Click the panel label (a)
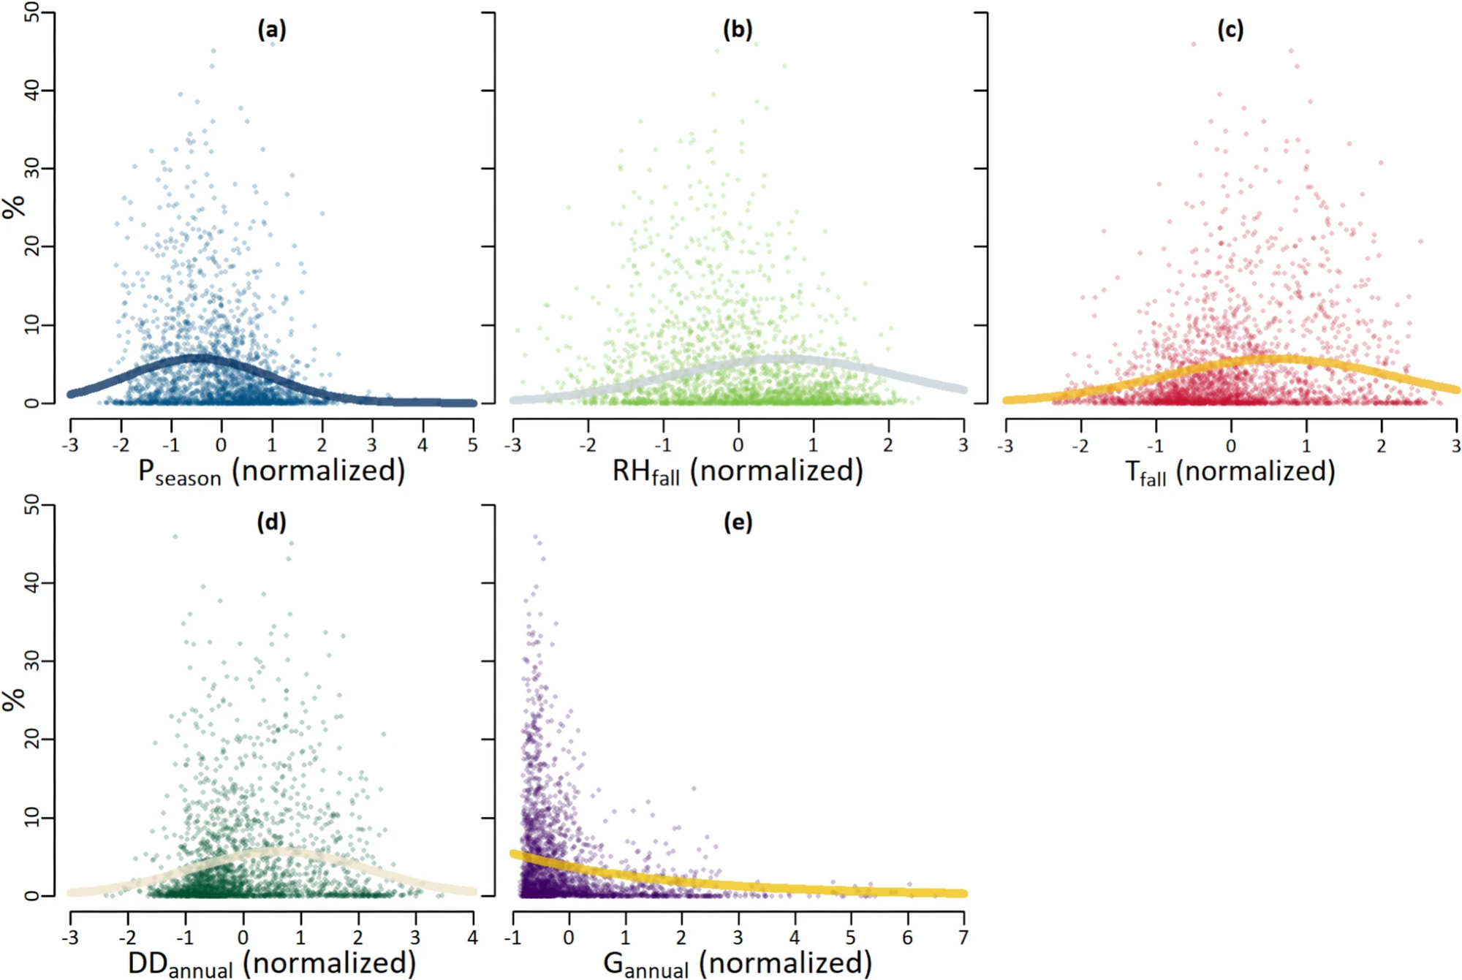click(271, 30)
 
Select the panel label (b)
click(738, 30)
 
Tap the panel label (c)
click(1230, 30)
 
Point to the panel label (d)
click(271, 522)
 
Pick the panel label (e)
click(738, 522)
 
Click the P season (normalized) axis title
click(271, 471)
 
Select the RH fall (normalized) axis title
click(738, 471)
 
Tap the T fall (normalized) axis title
click(1230, 471)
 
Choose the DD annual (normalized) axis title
click(271, 963)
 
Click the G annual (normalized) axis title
click(738, 963)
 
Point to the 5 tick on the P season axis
click(473, 444)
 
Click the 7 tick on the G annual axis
click(963, 937)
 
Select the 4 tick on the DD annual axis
click(473, 937)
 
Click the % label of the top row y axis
click(14, 207)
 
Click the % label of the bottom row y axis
click(14, 699)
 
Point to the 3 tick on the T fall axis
click(1455, 444)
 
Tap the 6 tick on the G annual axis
click(907, 937)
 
